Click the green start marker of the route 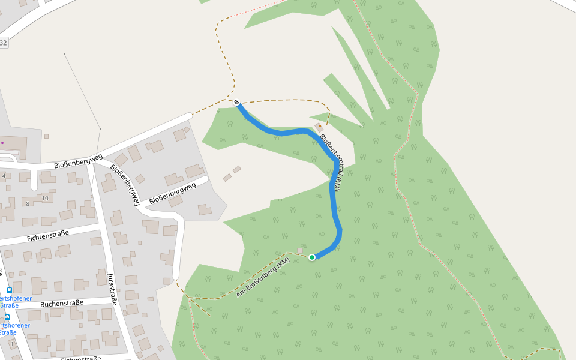[312, 257]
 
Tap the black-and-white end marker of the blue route [238, 102]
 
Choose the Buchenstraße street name [62, 304]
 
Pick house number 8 [28, 203]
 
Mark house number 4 [4, 176]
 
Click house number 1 [12, 344]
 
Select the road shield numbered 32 [4, 43]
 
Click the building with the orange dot [319, 127]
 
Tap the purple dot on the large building [2, 143]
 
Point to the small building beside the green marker [300, 251]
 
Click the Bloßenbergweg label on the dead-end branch [172, 193]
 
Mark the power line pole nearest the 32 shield [65, 55]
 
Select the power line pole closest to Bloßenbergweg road [100, 128]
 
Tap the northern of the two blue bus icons [9, 290]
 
